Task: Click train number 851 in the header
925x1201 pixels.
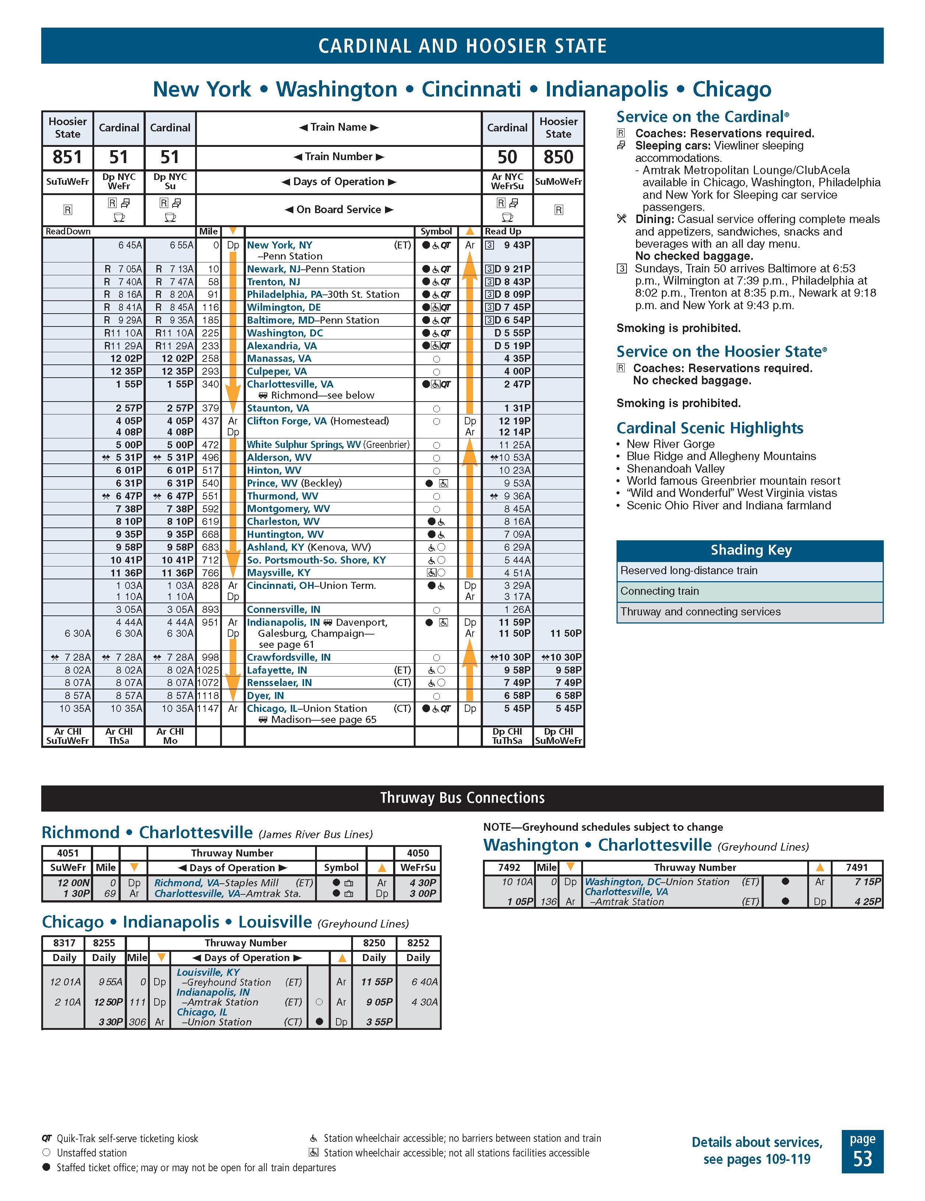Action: pos(67,157)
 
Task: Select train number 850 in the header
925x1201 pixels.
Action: pos(558,157)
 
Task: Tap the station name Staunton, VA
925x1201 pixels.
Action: pos(278,408)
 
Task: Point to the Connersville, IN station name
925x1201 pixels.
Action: pos(283,609)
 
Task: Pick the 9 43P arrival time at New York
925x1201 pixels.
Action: pos(517,245)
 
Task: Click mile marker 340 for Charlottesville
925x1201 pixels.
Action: pos(210,384)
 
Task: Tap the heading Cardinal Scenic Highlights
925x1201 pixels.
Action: pos(709,428)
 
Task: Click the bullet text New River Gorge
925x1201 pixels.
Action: pos(670,444)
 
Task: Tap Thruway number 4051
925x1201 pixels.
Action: pos(68,853)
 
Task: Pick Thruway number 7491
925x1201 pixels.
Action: pos(857,867)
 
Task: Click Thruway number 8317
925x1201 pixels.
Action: pos(64,943)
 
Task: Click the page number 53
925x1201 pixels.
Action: pos(862,1159)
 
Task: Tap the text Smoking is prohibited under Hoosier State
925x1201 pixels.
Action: pos(678,403)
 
